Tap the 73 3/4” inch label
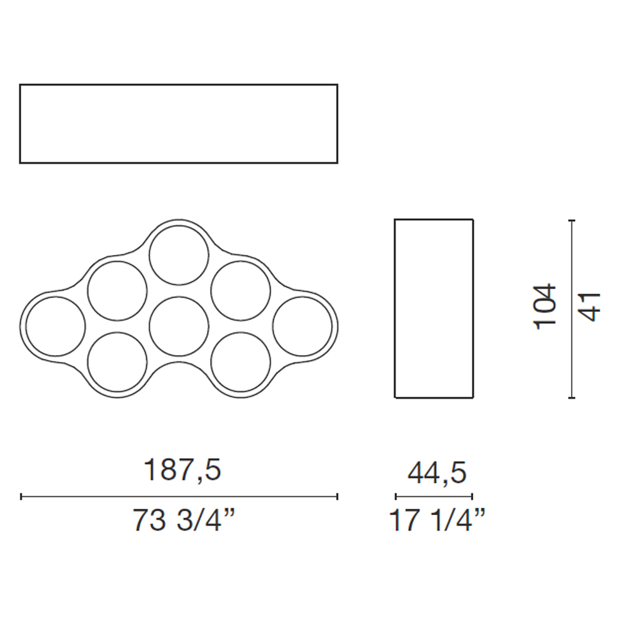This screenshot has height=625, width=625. pyautogui.click(x=184, y=519)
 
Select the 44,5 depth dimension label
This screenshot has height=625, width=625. pyautogui.click(x=437, y=473)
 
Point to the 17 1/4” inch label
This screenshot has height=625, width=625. pyautogui.click(x=437, y=519)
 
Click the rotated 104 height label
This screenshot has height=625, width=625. pyautogui.click(x=544, y=306)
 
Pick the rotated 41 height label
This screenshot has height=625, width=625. pyautogui.click(x=589, y=307)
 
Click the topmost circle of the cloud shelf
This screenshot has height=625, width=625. pyautogui.click(x=179, y=226)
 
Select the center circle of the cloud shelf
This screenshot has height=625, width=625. pyautogui.click(x=179, y=297)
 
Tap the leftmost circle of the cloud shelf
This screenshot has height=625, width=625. pyautogui.click(x=56, y=297)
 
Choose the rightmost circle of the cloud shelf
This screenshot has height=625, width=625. pyautogui.click(x=302, y=297)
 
